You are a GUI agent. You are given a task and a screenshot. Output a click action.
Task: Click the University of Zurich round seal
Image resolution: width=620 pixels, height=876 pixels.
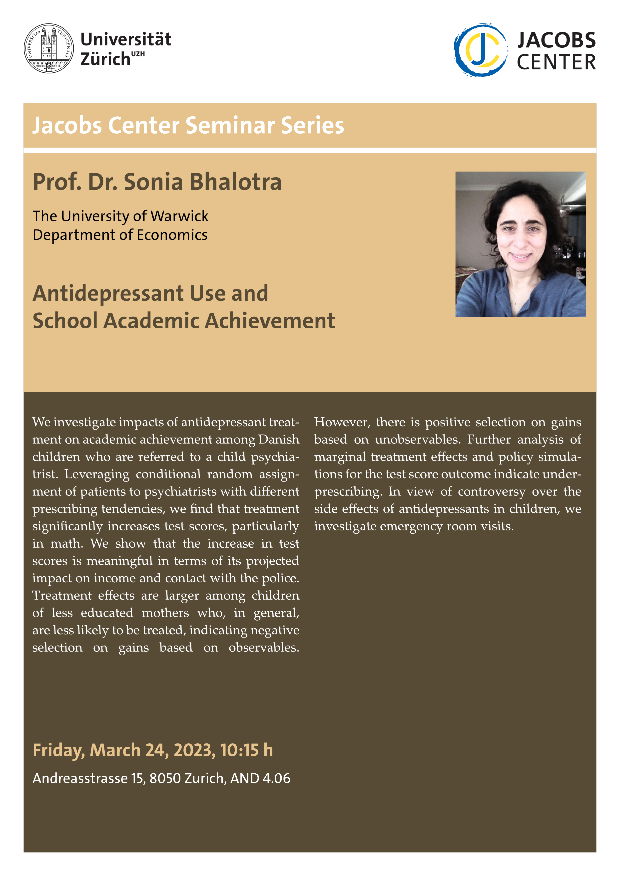(49, 48)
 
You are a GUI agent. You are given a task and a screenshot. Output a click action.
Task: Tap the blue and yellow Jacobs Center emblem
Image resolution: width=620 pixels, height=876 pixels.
(481, 50)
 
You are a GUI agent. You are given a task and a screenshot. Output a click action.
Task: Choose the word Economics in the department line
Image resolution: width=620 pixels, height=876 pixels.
(172, 235)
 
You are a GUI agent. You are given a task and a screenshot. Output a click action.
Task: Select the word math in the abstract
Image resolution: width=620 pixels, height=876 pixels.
(66, 544)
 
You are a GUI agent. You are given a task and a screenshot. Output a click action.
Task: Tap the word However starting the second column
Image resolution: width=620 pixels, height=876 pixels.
(342, 422)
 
